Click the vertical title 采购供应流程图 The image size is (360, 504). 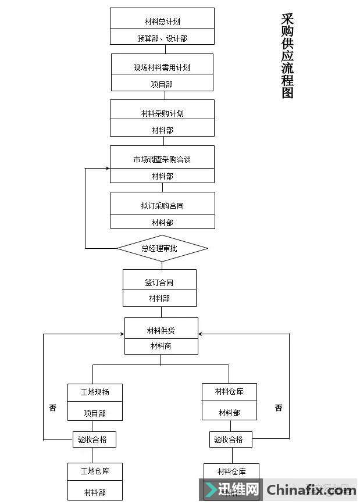click(287, 56)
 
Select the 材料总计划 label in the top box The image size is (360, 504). click(162, 22)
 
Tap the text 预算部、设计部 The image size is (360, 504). click(162, 38)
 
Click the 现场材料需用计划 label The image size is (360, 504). click(162, 67)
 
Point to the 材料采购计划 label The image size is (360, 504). click(162, 113)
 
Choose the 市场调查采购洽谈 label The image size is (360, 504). click(162, 159)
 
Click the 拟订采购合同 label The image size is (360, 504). click(162, 206)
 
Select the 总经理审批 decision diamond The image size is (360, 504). click(162, 249)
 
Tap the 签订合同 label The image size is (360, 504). click(159, 283)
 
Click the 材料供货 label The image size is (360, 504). click(161, 331)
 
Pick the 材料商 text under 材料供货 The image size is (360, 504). click(161, 346)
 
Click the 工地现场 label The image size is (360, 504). click(95, 392)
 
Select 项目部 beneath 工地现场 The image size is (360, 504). click(95, 413)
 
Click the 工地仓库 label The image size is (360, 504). click(95, 471)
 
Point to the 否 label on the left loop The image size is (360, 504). click(53, 408)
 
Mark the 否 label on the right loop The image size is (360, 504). click(279, 408)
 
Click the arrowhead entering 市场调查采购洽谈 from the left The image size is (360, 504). click(108, 168)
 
